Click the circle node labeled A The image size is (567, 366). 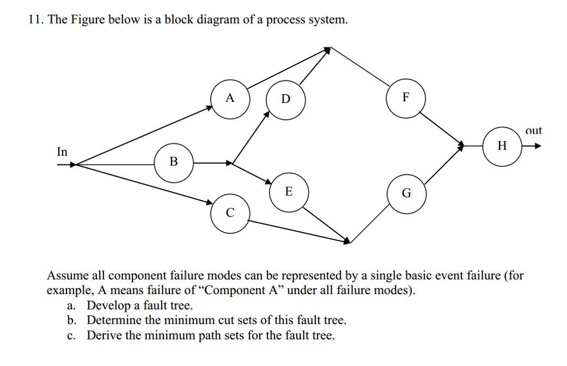point(230,100)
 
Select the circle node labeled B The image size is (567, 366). point(174,163)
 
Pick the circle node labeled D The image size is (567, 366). point(286,100)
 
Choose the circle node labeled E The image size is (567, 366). point(288,192)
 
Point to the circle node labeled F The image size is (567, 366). point(405,98)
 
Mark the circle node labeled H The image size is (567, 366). point(502,147)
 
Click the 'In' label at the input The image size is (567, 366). point(62,152)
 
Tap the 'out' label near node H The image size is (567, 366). point(534,131)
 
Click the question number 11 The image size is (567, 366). point(35,20)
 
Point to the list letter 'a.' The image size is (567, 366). point(71,306)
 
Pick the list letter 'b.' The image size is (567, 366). point(71,321)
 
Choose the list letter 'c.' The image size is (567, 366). point(71,336)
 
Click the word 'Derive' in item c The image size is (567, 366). point(105,336)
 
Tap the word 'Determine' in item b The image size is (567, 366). point(112,321)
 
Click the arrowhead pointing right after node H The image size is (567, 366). point(537,147)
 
